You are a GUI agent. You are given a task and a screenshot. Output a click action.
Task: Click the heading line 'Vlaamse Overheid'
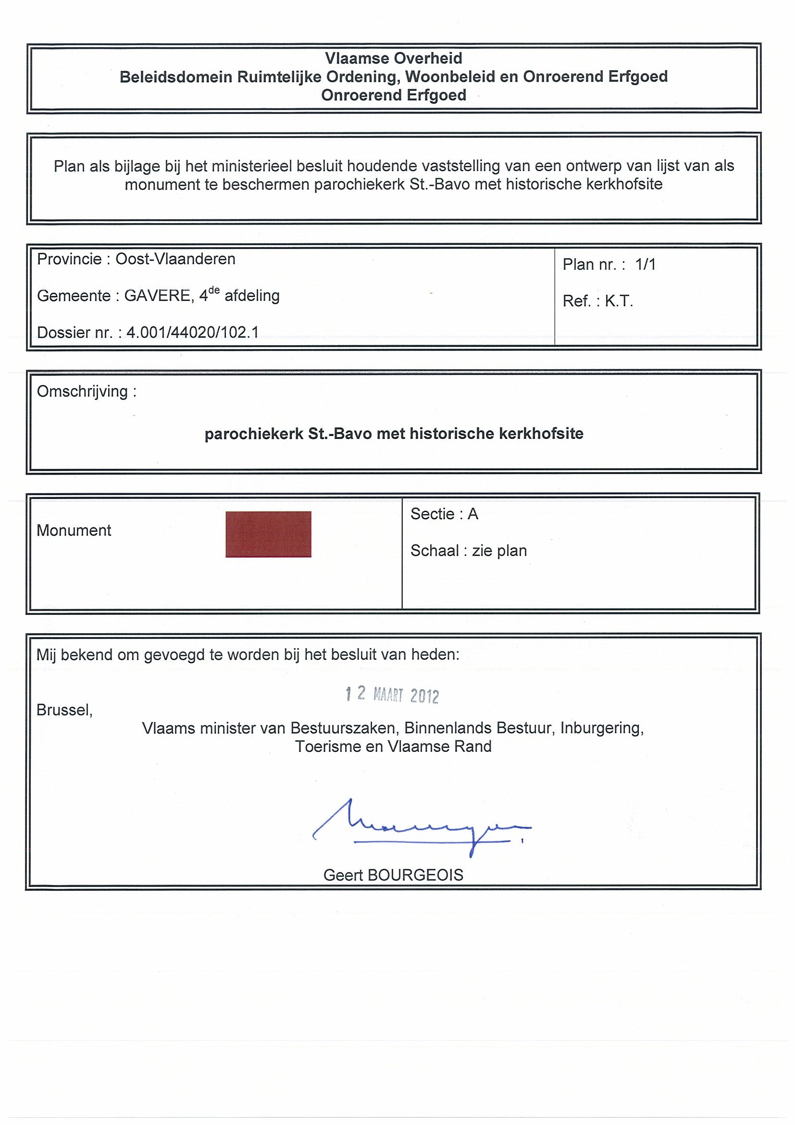tap(393, 58)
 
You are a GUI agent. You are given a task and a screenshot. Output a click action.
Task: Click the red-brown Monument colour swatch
tap(268, 534)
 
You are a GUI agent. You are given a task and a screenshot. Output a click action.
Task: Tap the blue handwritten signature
tap(421, 827)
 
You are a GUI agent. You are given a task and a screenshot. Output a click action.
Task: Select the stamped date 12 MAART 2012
tap(392, 694)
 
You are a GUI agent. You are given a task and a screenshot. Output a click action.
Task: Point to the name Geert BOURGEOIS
tap(393, 875)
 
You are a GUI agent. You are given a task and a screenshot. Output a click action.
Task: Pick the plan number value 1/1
tap(645, 264)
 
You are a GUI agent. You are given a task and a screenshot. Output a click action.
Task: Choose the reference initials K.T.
tap(619, 301)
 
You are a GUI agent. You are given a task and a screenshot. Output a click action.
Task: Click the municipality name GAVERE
tap(157, 296)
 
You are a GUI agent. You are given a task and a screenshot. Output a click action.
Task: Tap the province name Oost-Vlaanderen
tap(175, 259)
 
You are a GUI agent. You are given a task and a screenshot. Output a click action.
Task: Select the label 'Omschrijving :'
tap(87, 391)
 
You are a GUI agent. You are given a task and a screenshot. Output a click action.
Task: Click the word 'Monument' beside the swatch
tap(74, 530)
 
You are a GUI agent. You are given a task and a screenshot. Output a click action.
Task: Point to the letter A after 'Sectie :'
tap(472, 513)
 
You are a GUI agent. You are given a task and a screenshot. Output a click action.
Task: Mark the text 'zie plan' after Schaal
tap(499, 551)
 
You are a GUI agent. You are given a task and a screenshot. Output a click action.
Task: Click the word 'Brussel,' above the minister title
tap(65, 710)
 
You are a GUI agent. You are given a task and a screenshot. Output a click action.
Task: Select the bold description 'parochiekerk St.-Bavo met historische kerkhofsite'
tap(394, 434)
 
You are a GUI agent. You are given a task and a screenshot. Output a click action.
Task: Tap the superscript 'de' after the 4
tap(214, 290)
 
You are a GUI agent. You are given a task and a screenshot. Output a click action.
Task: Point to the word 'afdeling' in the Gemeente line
tap(252, 296)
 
